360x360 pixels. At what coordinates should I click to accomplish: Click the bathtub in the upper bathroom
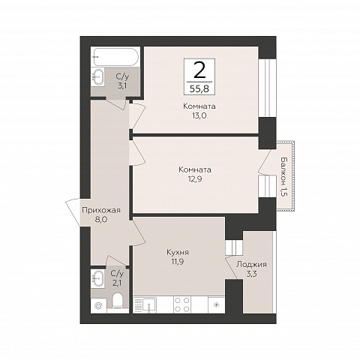click(x=115, y=57)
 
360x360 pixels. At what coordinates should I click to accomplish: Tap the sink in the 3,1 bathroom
click(x=99, y=77)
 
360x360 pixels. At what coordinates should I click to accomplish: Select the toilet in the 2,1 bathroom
click(x=118, y=302)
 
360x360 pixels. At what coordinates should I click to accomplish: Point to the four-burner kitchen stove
click(x=181, y=304)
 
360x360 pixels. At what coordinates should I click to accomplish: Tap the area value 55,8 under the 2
click(x=199, y=88)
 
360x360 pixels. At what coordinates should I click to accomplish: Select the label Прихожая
click(x=101, y=211)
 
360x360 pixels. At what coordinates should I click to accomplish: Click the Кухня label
click(x=178, y=252)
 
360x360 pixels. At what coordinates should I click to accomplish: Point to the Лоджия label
click(x=251, y=264)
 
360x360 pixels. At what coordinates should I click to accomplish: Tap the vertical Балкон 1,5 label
click(x=283, y=177)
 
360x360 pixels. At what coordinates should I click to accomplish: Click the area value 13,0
click(x=199, y=115)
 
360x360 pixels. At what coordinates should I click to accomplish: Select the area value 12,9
click(x=195, y=179)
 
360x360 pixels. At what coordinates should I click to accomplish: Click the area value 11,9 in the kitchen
click(x=178, y=262)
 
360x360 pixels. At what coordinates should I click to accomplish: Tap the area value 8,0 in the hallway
click(x=101, y=220)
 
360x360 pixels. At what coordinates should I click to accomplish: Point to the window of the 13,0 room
click(x=267, y=88)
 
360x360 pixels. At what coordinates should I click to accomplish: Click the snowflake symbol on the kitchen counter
click(x=217, y=304)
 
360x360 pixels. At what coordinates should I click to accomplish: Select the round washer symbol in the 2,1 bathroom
click(x=99, y=306)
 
